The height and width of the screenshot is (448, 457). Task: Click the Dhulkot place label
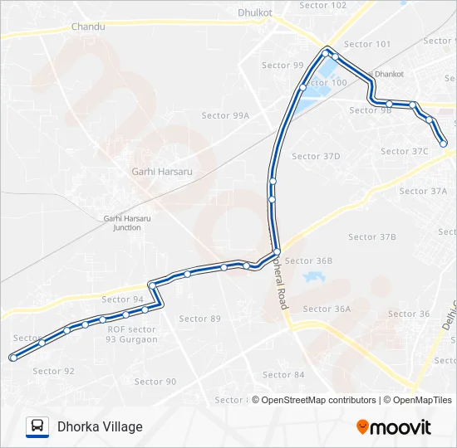pyautogui.click(x=255, y=12)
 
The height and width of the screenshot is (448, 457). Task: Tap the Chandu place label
pyautogui.click(x=88, y=27)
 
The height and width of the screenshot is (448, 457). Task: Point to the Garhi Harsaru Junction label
pyautogui.click(x=127, y=223)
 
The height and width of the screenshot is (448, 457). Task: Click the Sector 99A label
pyautogui.click(x=225, y=116)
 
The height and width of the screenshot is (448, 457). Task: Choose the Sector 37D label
pyautogui.click(x=316, y=156)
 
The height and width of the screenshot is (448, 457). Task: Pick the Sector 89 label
pyautogui.click(x=200, y=319)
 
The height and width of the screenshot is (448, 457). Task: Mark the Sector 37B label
pyautogui.click(x=372, y=237)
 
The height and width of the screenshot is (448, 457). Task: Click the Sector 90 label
pyautogui.click(x=155, y=382)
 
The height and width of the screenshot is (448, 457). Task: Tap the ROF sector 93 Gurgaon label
pyautogui.click(x=132, y=334)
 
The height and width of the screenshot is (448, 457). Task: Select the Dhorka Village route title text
pyautogui.click(x=100, y=426)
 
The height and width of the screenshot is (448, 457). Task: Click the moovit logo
pyautogui.click(x=394, y=427)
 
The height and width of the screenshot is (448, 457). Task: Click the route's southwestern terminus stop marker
pyautogui.click(x=12, y=358)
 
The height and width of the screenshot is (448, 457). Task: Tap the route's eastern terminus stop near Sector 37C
pyautogui.click(x=444, y=144)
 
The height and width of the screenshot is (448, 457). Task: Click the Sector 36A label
pyautogui.click(x=327, y=309)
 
